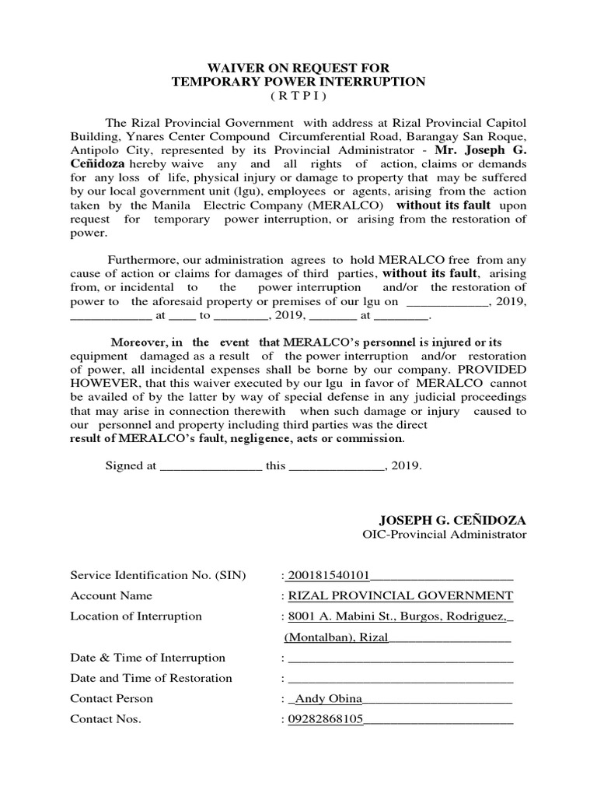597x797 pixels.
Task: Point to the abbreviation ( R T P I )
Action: click(x=298, y=96)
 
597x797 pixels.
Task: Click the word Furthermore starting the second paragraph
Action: click(x=145, y=261)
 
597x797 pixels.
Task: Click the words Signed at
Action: click(x=131, y=466)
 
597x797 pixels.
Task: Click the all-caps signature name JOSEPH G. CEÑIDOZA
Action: click(x=452, y=519)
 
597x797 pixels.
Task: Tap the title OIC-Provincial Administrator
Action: click(x=444, y=535)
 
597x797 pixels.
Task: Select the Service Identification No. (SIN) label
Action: click(x=158, y=575)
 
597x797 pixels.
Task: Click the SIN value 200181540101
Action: click(x=327, y=575)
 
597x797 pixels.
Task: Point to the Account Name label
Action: click(x=111, y=595)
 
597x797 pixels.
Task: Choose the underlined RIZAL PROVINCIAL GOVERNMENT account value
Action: click(x=400, y=595)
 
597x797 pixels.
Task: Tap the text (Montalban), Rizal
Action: click(x=335, y=637)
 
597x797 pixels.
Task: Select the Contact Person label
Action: click(x=112, y=698)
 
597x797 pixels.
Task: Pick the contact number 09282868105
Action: click(x=326, y=719)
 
